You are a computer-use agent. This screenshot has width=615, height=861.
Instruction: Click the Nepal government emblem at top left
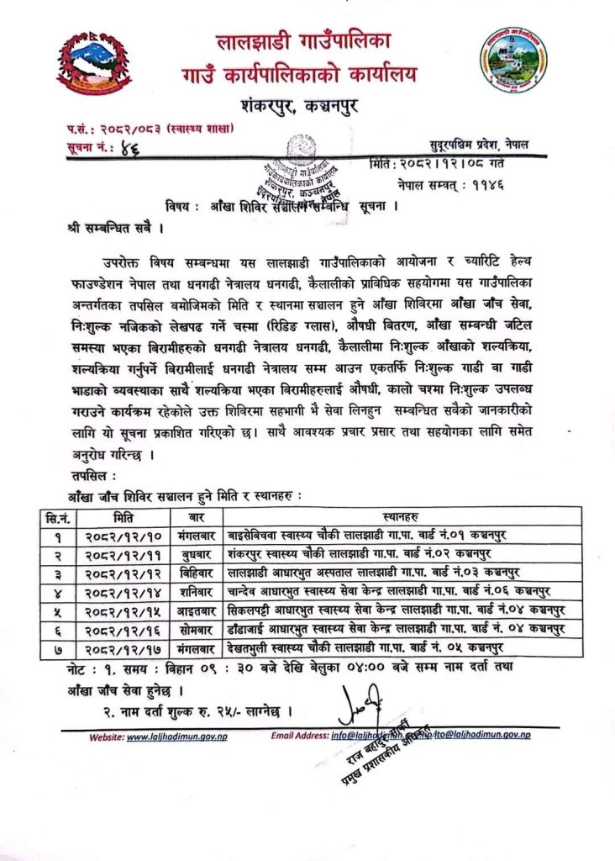tap(94, 63)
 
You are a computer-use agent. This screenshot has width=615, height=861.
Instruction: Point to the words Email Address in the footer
tap(299, 736)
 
